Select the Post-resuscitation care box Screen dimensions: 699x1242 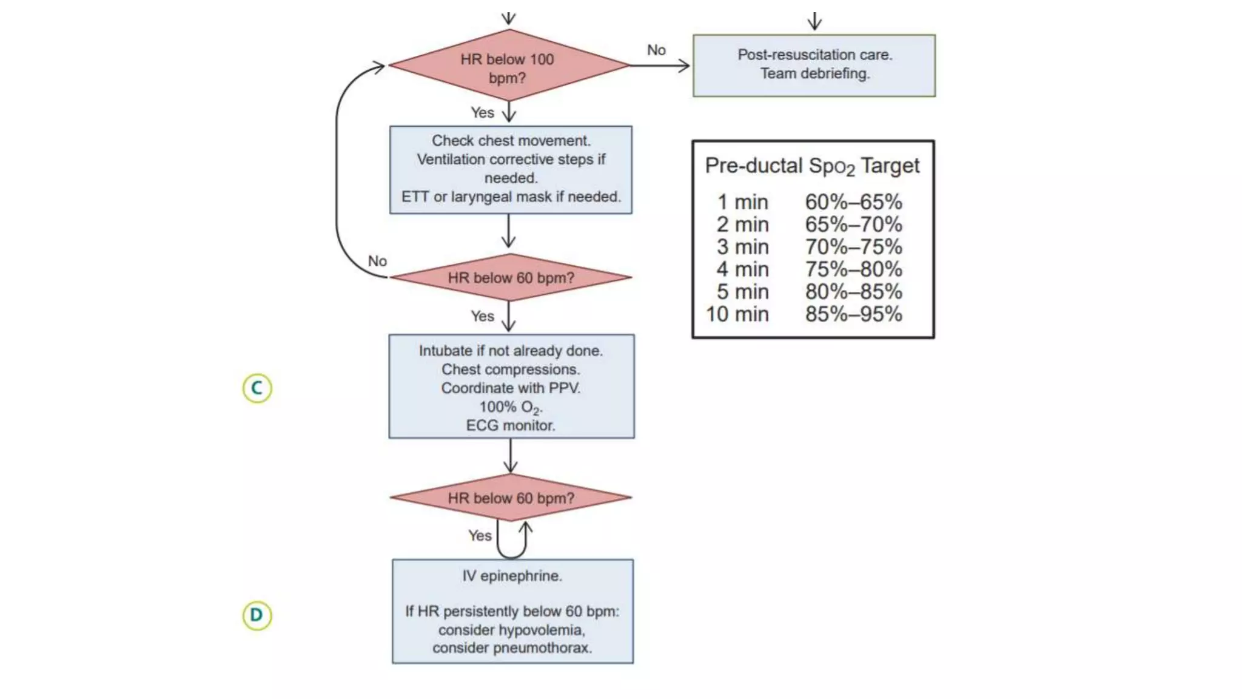tap(814, 65)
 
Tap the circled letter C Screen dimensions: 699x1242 tap(257, 388)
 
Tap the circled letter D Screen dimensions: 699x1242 tap(257, 615)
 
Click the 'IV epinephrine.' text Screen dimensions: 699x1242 tap(512, 576)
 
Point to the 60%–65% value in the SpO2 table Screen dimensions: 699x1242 tap(853, 202)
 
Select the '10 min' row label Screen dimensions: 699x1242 tap(737, 314)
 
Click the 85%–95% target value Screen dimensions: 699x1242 tap(853, 314)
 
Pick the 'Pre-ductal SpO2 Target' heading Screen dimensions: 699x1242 tap(812, 166)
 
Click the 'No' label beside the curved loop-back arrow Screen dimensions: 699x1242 tap(377, 261)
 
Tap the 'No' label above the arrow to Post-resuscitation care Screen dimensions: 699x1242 tap(656, 50)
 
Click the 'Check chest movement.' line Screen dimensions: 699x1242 tap(511, 141)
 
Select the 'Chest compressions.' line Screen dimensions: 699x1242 tap(511, 370)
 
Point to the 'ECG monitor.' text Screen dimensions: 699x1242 tap(511, 425)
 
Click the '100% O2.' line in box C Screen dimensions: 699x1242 tap(511, 407)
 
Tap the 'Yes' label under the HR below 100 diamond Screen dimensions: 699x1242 tap(482, 113)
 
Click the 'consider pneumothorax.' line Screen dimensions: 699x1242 tap(512, 648)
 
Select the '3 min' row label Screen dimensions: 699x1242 tap(742, 247)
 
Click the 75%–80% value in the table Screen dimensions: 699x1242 tap(853, 269)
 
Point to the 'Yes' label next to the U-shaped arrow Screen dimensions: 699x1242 tap(480, 536)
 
